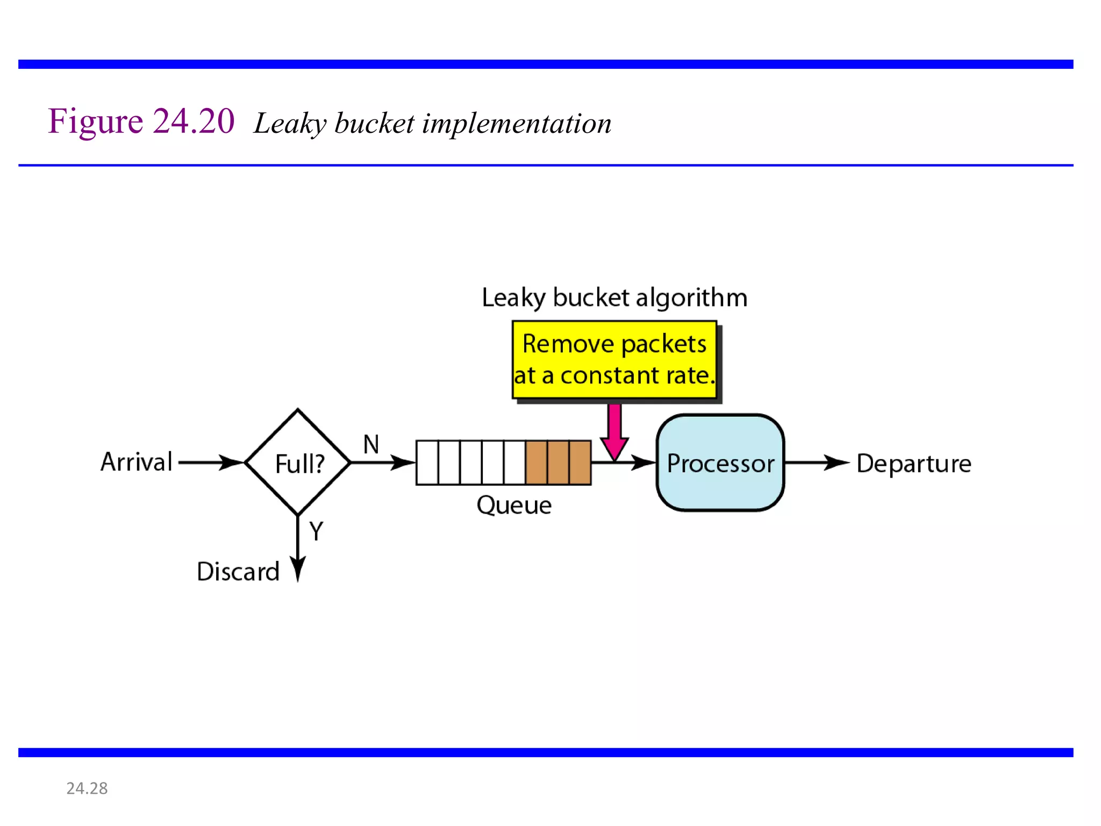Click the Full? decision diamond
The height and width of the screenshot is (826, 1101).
coord(298,462)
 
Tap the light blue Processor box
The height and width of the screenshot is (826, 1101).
coord(720,462)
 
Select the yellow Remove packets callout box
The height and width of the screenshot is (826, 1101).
coord(614,360)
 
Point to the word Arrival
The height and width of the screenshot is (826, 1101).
coord(137,462)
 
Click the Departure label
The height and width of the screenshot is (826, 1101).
coord(913,464)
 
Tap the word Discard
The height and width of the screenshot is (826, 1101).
coord(238,571)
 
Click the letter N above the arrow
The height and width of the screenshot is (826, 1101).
coord(371,445)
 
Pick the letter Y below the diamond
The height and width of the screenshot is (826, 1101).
coord(316,531)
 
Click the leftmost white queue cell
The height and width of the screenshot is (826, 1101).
coord(427,462)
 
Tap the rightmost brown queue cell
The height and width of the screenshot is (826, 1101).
coord(580,462)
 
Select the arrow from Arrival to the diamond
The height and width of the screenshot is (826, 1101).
coord(210,462)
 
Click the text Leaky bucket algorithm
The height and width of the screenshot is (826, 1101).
coord(614,297)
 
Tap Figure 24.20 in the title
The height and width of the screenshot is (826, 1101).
coord(141,121)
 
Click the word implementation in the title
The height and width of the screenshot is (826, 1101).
coord(517,124)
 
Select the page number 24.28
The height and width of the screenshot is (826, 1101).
coord(87,788)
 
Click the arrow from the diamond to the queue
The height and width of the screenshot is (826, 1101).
coord(382,462)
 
